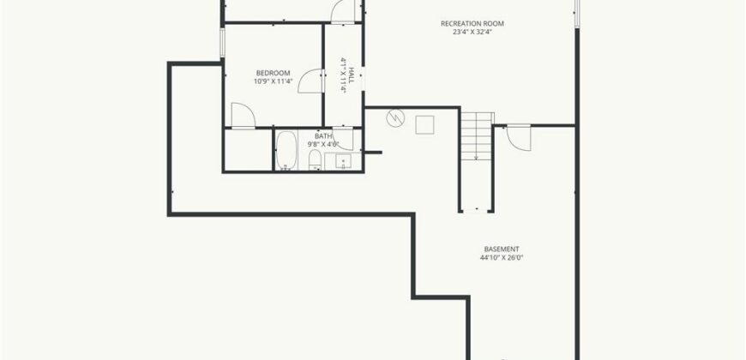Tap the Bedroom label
273,73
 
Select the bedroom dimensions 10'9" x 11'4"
273,82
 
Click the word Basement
502,249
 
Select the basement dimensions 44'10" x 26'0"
502,257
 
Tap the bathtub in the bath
286,151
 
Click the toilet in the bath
314,162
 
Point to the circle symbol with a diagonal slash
395,118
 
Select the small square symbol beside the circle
425,125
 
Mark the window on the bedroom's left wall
223,43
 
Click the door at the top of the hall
342,9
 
